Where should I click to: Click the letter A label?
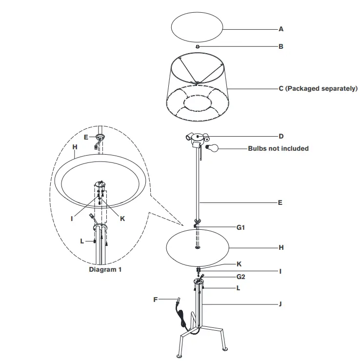point(280,29)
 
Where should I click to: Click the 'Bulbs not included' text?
point(278,148)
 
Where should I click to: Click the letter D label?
point(281,136)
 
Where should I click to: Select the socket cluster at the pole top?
point(197,140)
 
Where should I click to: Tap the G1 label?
point(240,227)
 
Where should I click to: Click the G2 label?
point(240,277)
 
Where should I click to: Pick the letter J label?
point(280,303)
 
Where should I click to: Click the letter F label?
point(156,300)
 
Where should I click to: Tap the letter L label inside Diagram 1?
point(82,241)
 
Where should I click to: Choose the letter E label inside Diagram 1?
point(86,137)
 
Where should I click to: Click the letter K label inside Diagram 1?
point(122,219)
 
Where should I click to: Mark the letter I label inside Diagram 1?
point(72,219)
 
